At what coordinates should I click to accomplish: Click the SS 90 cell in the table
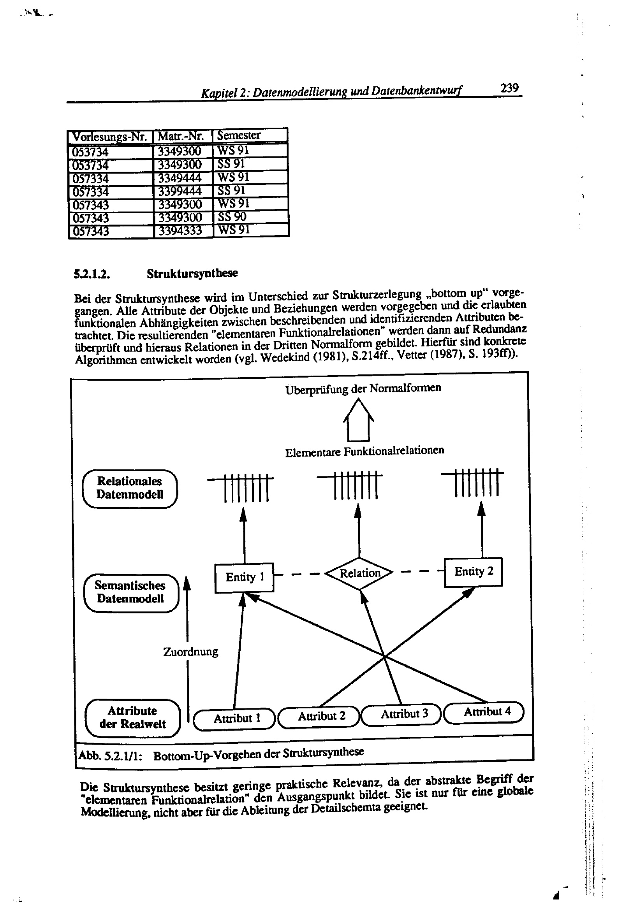pos(232,216)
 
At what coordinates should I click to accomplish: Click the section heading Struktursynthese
pos(192,273)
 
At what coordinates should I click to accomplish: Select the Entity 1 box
pos(244,577)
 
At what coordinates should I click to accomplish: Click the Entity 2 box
pos(473,572)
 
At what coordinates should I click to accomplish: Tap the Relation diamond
pos(359,573)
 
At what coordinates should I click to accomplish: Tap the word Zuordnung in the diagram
pos(190,652)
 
